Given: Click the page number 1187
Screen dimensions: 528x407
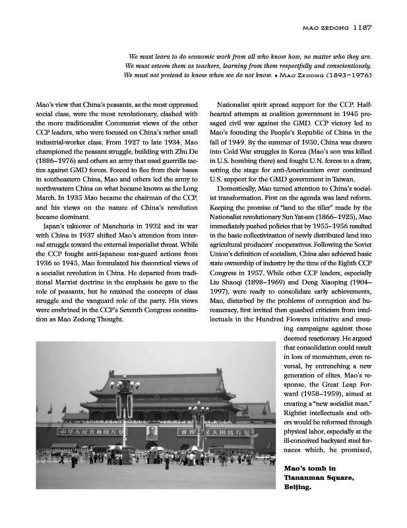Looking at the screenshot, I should point(364,28).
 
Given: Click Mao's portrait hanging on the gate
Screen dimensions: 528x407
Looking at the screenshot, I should point(152,433).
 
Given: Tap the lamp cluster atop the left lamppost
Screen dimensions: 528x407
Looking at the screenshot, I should point(125,385).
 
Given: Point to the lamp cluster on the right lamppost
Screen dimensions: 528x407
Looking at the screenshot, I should point(199,409).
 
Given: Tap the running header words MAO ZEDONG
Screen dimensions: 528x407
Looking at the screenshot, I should point(325,28).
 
